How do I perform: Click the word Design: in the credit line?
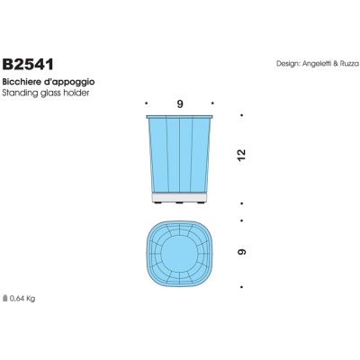(289, 64)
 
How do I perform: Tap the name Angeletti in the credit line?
(319, 64)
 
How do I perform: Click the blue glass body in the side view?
(180, 153)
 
